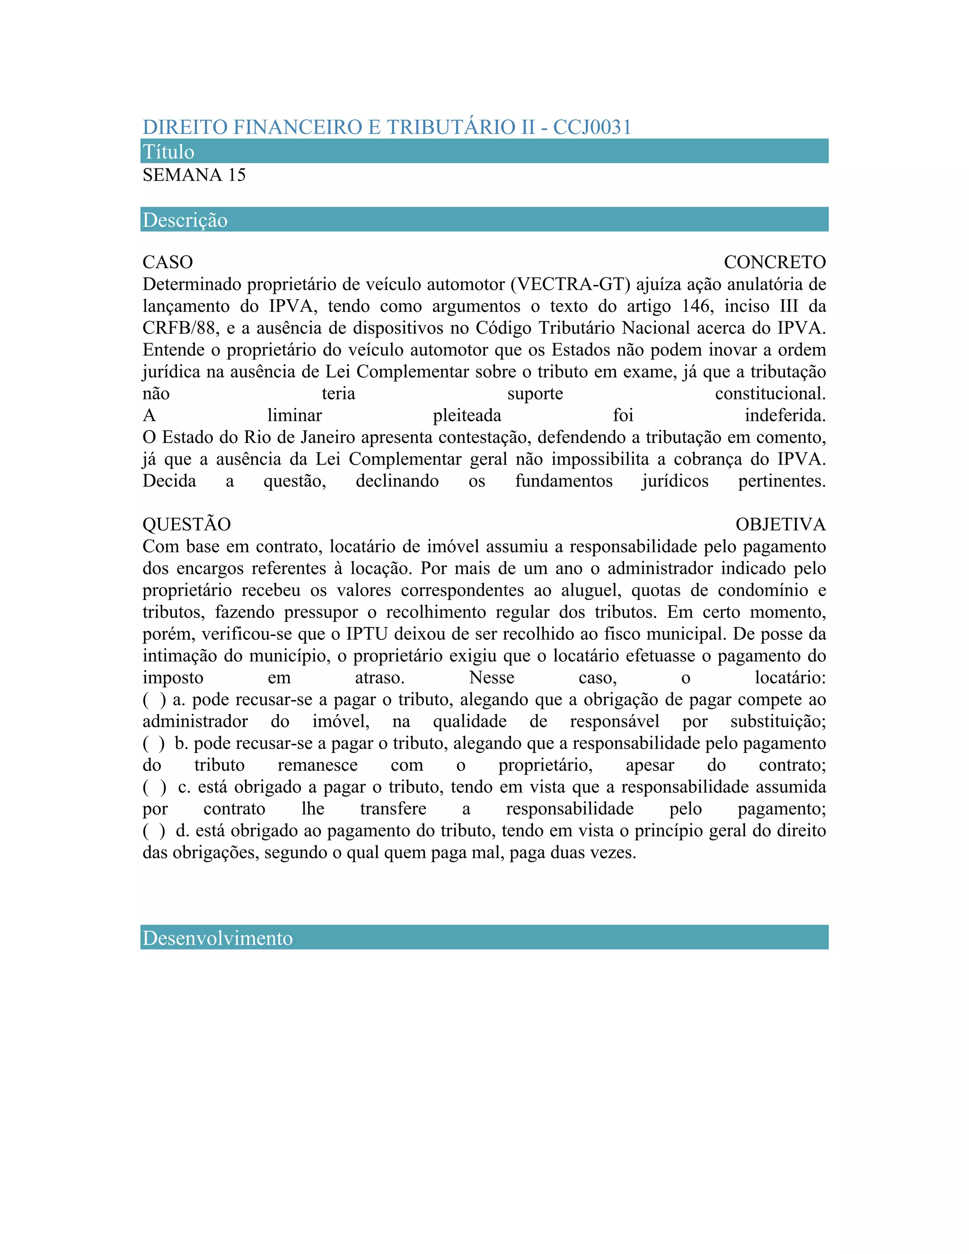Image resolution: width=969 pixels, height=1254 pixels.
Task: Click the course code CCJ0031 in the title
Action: click(592, 127)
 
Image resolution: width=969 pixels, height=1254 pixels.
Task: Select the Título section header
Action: click(169, 151)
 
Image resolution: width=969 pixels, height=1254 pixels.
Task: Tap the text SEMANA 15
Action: click(194, 175)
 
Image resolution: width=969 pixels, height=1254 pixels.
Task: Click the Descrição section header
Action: click(185, 220)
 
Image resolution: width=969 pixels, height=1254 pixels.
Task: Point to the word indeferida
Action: click(785, 415)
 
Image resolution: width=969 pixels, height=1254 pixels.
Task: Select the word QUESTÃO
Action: click(186, 524)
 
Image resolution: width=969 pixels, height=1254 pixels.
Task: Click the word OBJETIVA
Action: click(780, 524)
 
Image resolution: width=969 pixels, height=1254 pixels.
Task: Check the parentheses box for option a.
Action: click(154, 700)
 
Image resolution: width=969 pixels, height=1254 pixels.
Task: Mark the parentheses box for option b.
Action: click(154, 743)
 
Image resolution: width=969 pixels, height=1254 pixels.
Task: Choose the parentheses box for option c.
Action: click(154, 787)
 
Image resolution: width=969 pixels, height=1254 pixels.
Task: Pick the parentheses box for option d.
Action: click(154, 831)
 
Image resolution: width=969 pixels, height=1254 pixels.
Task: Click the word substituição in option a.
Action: click(778, 721)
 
